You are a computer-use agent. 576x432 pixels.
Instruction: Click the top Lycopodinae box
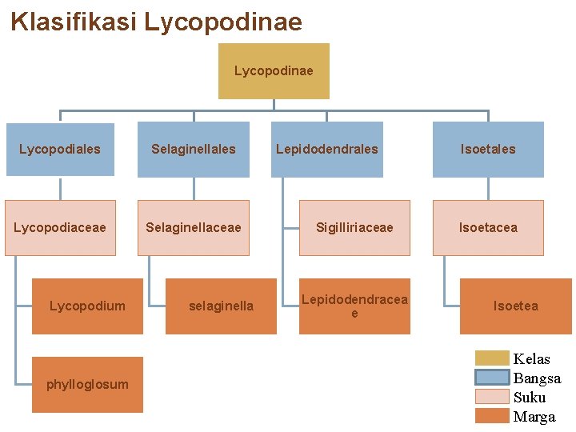point(274,71)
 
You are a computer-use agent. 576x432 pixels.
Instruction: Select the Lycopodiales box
point(60,149)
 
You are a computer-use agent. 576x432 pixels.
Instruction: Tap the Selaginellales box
point(194,149)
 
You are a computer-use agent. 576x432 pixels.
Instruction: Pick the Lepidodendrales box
point(327,149)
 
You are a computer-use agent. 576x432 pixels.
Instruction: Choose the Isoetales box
point(488,149)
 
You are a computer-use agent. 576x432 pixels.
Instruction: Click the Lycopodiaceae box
point(60,227)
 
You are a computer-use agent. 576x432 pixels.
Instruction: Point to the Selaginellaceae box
point(194,227)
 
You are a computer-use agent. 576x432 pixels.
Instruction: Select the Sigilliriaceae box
point(354,227)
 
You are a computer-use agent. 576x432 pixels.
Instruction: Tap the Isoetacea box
point(488,227)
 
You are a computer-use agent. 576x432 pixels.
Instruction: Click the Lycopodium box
point(87,306)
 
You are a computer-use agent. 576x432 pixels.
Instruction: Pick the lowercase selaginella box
point(221,306)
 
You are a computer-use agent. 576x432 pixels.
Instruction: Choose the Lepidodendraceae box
point(354,306)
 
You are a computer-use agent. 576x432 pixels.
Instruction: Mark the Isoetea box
point(515,306)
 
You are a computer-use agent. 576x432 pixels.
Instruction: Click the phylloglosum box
point(87,384)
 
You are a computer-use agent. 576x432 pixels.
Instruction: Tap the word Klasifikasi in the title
point(74,22)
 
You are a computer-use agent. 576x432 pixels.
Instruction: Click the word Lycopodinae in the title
point(223,22)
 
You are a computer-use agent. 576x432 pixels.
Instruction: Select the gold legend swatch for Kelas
point(492,358)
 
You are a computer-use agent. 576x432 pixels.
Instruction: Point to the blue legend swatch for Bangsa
point(492,378)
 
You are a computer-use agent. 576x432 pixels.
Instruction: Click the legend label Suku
point(530,397)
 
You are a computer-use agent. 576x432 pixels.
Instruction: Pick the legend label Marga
point(534,416)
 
